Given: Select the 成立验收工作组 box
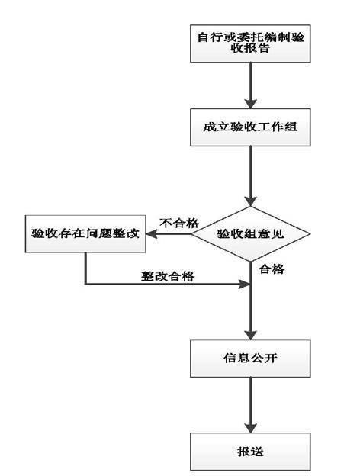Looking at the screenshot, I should click(x=250, y=128).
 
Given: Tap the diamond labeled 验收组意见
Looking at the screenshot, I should click(x=251, y=234).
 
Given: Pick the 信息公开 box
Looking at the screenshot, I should click(x=250, y=357).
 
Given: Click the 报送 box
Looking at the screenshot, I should click(x=250, y=451).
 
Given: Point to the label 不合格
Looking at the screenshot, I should click(x=178, y=223).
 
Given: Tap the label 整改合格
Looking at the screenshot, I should click(x=167, y=276).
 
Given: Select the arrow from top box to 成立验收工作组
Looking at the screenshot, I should click(x=250, y=88).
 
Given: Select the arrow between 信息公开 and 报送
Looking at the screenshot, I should click(x=250, y=404).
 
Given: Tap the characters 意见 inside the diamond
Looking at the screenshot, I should click(x=272, y=234).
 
